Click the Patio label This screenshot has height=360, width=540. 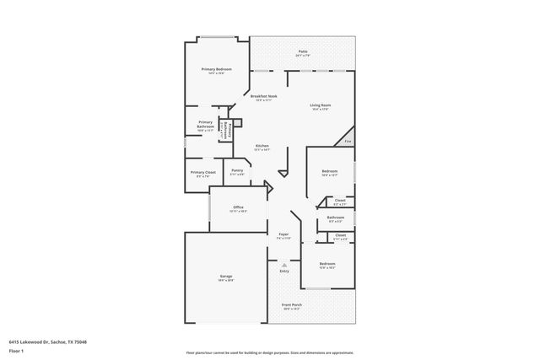click(302, 52)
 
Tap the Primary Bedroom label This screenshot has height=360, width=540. click(217, 69)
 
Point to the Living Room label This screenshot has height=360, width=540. click(320, 105)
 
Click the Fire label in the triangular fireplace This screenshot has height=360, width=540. click(348, 142)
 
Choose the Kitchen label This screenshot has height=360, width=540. click(262, 146)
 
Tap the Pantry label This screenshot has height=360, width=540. click(237, 170)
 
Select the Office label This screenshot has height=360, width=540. click(239, 207)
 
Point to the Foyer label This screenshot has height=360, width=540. click(284, 235)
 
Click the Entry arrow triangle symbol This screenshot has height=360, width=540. click(284, 265)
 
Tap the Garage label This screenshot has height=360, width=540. click(226, 277)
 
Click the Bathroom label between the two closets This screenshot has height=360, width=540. click(336, 218)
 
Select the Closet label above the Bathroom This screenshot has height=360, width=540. click(339, 201)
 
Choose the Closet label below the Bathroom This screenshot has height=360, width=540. click(339, 235)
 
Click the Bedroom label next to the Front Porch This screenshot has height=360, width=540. click(327, 265)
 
